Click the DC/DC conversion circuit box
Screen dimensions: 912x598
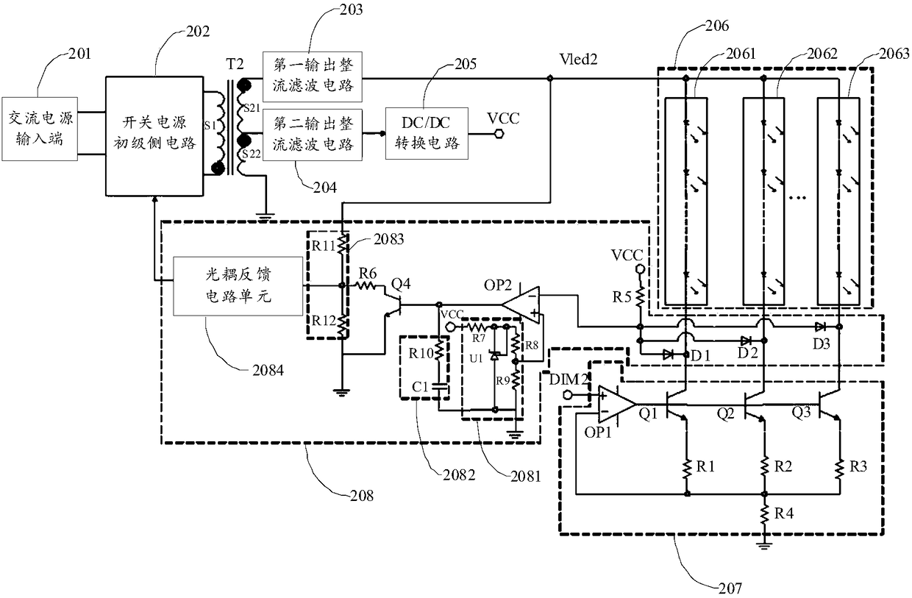coord(427,133)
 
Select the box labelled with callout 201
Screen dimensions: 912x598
coord(40,129)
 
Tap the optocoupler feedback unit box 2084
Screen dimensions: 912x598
coord(238,286)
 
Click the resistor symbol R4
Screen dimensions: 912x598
coord(765,513)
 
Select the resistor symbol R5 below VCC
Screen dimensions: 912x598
coord(640,296)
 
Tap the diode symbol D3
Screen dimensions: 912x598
coord(820,327)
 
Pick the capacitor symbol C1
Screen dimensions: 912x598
coord(439,386)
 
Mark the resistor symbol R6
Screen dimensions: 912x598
coord(366,286)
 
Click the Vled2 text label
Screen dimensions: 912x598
coord(578,60)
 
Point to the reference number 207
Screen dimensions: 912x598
coord(730,588)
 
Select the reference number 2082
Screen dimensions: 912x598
coord(459,475)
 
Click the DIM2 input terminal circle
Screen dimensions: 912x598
coord(567,394)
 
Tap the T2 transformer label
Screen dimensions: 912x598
coord(235,64)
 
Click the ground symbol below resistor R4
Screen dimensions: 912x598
coord(764,546)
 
